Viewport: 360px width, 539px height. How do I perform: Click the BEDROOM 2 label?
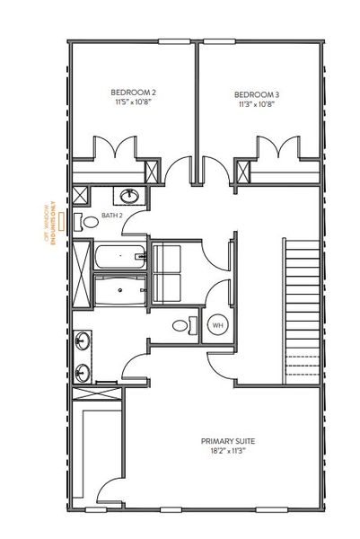click(x=133, y=92)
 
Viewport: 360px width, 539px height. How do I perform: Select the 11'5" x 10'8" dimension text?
click(x=133, y=104)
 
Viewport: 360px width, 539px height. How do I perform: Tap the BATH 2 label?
click(x=111, y=216)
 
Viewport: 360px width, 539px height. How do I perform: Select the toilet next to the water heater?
click(x=181, y=324)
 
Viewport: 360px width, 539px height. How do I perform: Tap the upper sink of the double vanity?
click(x=83, y=340)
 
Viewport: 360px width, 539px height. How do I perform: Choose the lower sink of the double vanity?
click(x=83, y=370)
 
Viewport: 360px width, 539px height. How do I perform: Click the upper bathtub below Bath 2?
click(x=119, y=257)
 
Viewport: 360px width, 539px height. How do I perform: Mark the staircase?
click(x=302, y=305)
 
